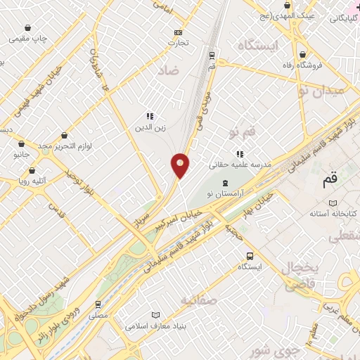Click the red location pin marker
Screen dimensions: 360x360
coord(181,165)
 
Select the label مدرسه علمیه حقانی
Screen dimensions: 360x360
coord(236,165)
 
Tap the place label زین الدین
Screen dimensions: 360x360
coord(150,128)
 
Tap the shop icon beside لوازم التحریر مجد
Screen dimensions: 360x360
coord(65,135)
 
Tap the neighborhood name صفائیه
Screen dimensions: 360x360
coord(196,300)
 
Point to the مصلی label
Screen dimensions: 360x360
coord(98,316)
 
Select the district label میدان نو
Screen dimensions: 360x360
coord(321,89)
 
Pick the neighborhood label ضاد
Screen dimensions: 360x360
coord(169,71)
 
